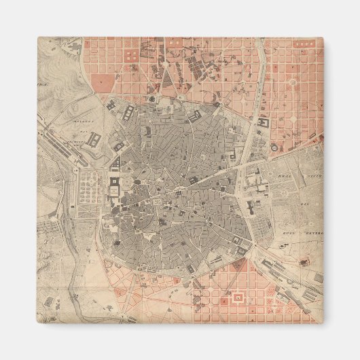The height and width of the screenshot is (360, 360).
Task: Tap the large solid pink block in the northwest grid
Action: [x=103, y=83]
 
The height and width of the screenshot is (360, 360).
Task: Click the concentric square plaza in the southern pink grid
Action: [x=238, y=298]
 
